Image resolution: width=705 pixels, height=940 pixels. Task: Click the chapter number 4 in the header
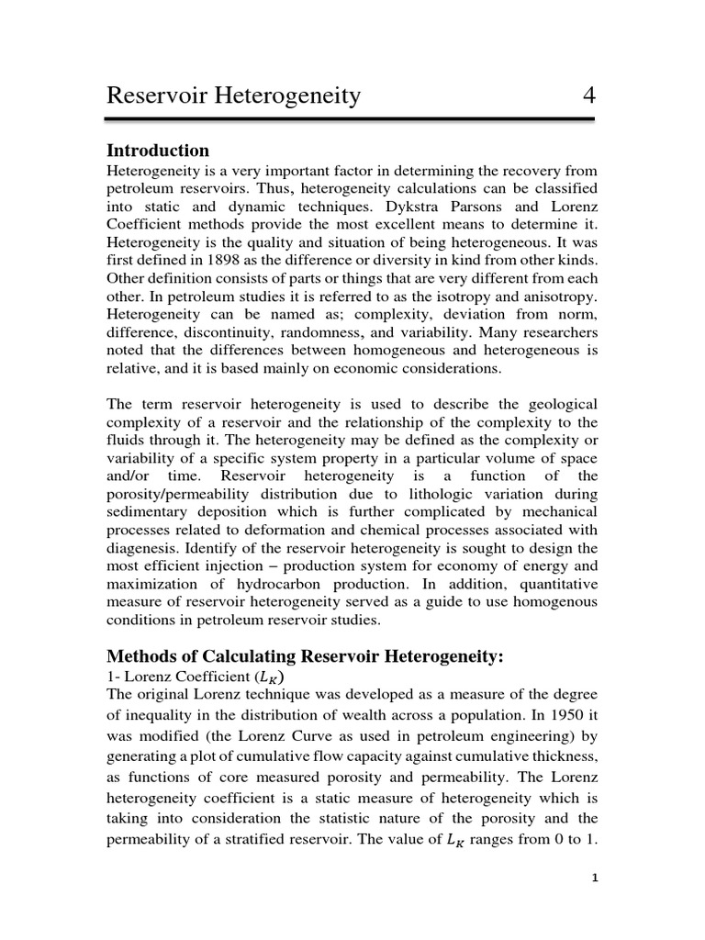point(587,95)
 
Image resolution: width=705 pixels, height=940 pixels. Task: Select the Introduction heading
point(158,151)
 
